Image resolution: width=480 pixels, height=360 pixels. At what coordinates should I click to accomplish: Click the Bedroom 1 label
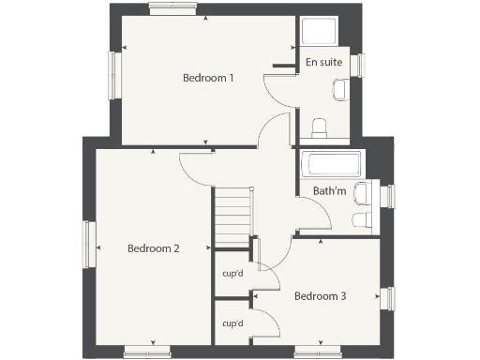click(208, 78)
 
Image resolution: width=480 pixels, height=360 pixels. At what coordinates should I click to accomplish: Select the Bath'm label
click(329, 191)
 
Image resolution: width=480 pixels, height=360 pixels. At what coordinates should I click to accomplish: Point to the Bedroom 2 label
click(154, 248)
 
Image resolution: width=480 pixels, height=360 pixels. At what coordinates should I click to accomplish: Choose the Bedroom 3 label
click(321, 296)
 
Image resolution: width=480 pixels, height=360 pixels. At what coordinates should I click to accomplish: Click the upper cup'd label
click(232, 274)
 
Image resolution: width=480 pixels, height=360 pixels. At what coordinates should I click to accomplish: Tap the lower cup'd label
click(232, 323)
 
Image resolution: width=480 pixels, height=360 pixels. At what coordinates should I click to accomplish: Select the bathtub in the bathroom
click(331, 165)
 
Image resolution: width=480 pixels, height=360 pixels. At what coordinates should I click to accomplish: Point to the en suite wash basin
click(339, 90)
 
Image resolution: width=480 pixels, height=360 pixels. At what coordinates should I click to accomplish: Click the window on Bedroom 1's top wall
click(173, 7)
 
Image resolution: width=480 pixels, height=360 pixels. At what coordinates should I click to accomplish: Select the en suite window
click(356, 65)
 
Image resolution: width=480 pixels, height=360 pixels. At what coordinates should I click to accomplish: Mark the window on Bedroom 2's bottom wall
click(148, 352)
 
